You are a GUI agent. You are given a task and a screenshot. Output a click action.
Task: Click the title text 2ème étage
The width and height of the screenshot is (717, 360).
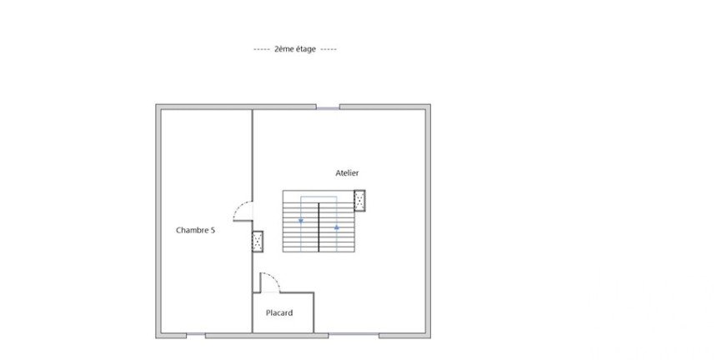pyautogui.click(x=295, y=49)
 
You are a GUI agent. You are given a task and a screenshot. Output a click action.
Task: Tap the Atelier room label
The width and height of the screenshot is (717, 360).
pyautogui.click(x=347, y=173)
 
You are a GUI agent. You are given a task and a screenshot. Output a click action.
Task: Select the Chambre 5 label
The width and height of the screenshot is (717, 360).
pyautogui.click(x=195, y=230)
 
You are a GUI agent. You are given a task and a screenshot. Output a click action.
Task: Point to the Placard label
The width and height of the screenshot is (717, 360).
pyautogui.click(x=279, y=313)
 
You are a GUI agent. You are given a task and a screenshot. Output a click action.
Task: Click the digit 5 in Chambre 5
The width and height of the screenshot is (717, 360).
pyautogui.click(x=213, y=230)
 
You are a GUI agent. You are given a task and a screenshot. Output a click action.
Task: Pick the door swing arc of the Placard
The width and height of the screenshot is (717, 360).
pyautogui.click(x=273, y=277)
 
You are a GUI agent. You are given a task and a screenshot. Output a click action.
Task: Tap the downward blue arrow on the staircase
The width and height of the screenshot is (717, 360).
pyautogui.click(x=301, y=221)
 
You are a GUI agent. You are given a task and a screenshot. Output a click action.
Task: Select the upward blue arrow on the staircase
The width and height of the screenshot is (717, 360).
pyautogui.click(x=337, y=227)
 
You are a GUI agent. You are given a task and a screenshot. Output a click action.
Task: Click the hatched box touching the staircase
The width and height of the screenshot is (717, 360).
pyautogui.click(x=359, y=201)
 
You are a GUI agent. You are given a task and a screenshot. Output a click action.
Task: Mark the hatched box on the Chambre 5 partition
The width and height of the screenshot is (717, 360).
pyautogui.click(x=258, y=242)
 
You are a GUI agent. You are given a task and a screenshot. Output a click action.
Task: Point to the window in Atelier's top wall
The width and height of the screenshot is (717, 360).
pyautogui.click(x=328, y=108)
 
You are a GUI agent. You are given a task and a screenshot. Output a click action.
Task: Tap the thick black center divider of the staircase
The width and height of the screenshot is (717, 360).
pyautogui.click(x=318, y=227)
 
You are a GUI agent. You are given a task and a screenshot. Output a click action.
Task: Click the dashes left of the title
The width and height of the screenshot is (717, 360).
pyautogui.click(x=262, y=49)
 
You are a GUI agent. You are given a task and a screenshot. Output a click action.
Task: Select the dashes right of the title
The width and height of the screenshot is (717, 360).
pyautogui.click(x=328, y=49)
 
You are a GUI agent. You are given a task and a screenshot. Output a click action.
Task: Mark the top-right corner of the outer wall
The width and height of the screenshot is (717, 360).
pyautogui.click(x=430, y=105)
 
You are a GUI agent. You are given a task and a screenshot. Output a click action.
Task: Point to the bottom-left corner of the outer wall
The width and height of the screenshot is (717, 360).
pyautogui.click(x=156, y=338)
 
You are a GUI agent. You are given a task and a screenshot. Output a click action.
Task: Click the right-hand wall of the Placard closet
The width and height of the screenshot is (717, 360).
pyautogui.click(x=313, y=312)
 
